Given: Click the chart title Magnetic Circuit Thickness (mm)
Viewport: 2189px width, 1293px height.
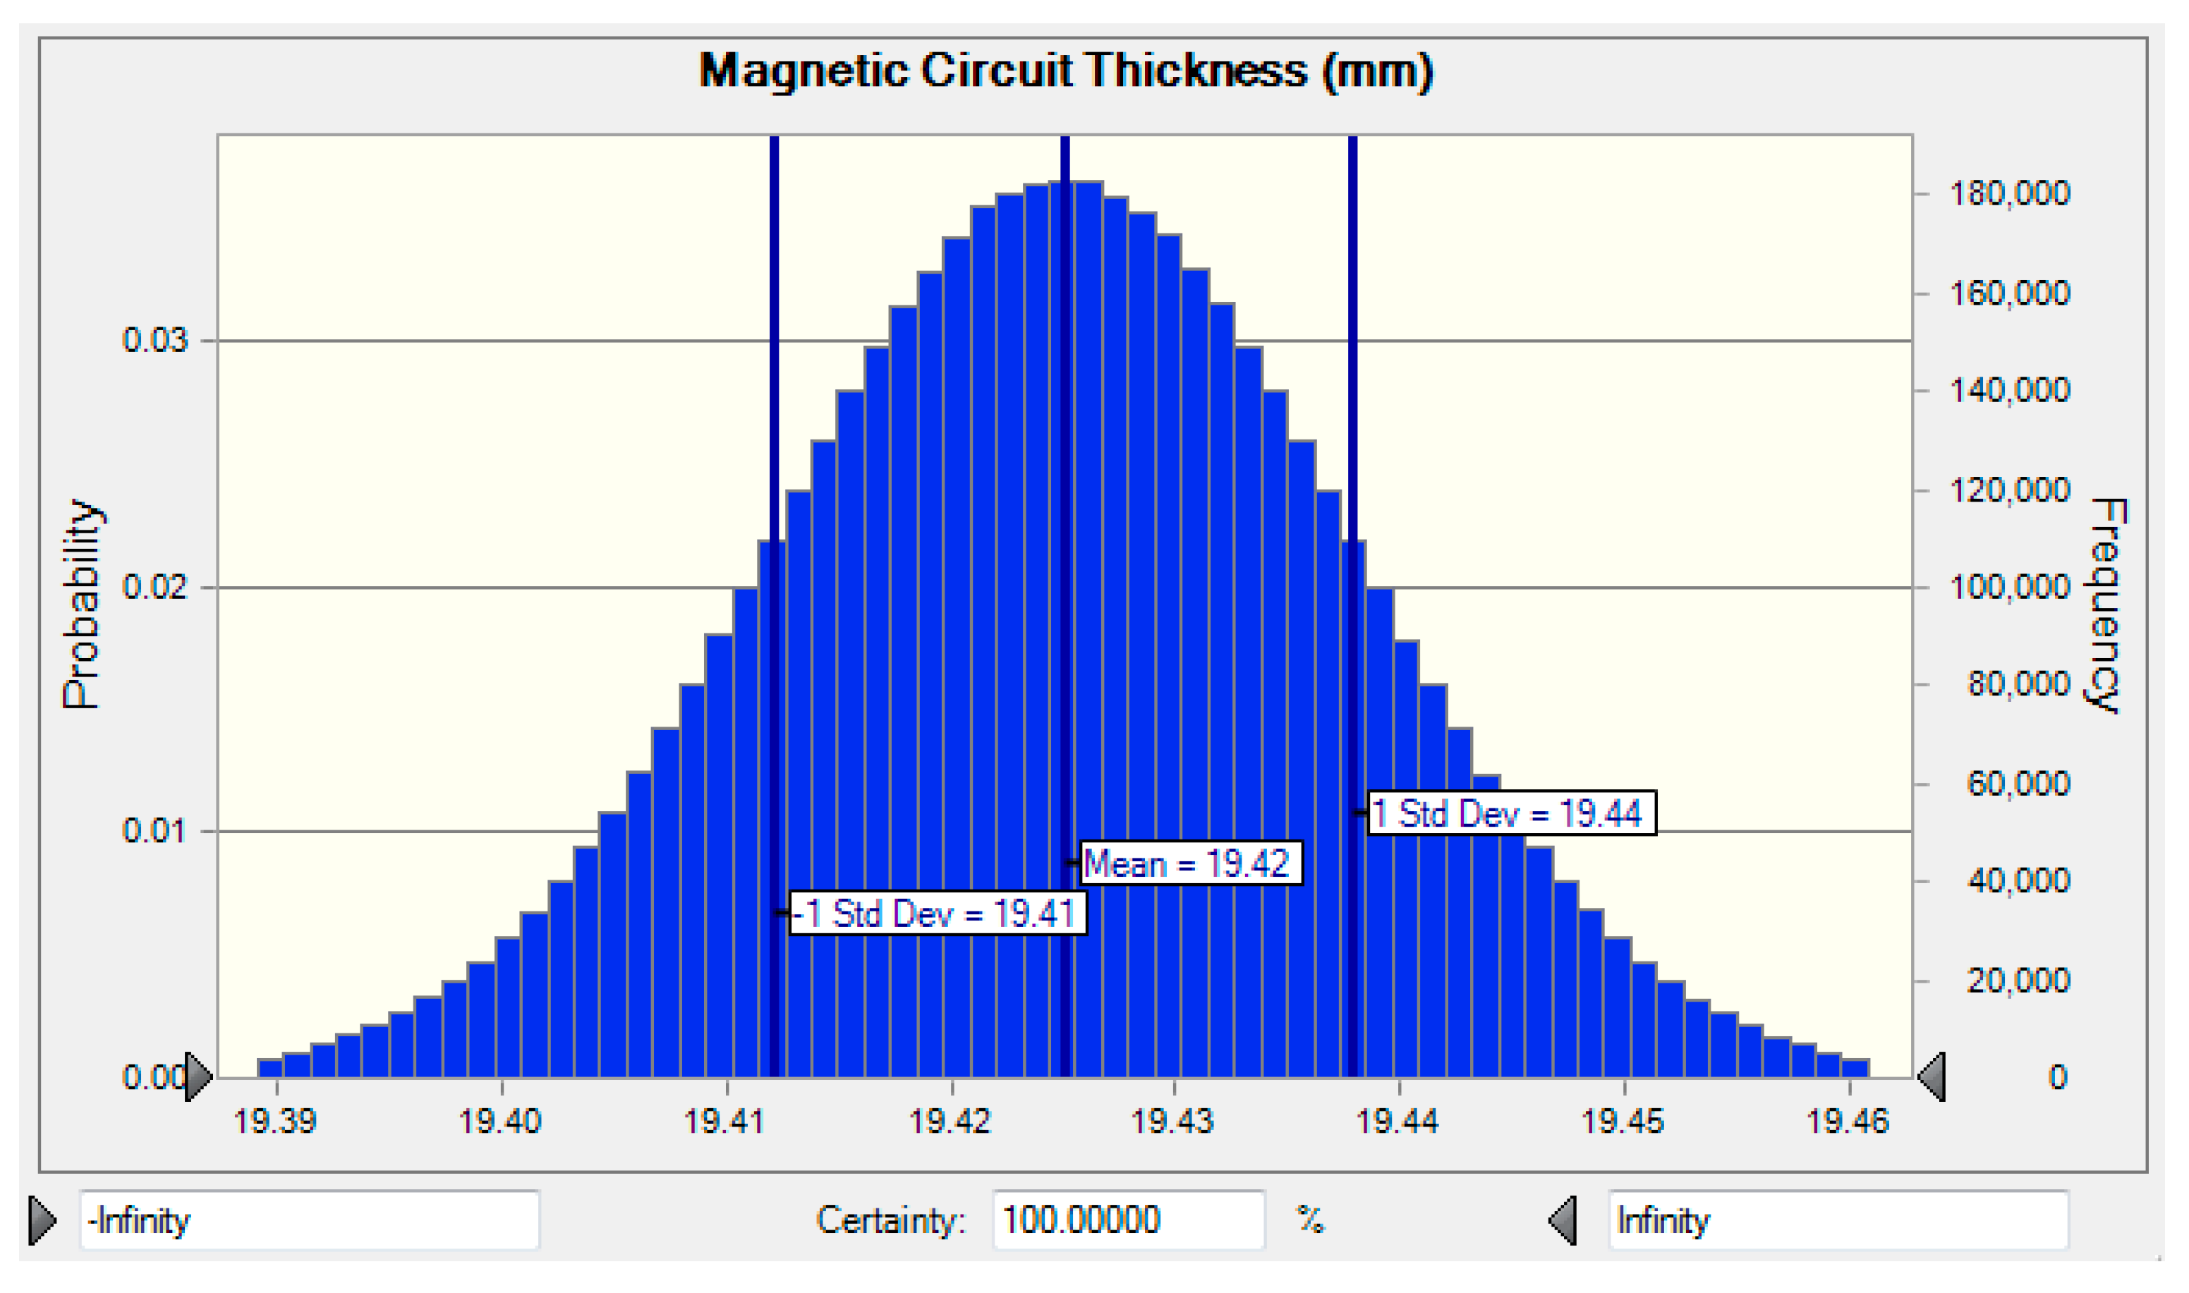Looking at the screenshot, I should (x=1065, y=71).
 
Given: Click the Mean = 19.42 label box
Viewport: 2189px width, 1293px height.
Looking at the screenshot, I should (x=1191, y=863).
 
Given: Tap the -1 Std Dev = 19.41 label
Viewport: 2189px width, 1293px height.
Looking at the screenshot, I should (x=938, y=913).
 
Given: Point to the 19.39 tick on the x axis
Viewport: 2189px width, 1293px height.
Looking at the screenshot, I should (x=275, y=1120).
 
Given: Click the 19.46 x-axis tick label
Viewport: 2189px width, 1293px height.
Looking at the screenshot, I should (x=1848, y=1120).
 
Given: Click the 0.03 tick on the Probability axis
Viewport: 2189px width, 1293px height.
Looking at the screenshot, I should (x=155, y=340).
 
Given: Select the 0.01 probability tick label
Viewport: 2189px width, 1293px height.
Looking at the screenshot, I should (x=155, y=830).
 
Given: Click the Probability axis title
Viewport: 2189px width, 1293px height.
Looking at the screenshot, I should (x=82, y=605).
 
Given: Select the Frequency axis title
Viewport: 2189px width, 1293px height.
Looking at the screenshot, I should (x=2106, y=605).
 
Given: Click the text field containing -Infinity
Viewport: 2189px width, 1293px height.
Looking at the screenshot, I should (x=309, y=1220).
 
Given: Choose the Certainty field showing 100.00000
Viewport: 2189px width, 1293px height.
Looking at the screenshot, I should (x=1128, y=1220).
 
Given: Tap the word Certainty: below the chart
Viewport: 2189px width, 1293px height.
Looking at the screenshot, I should (x=890, y=1220).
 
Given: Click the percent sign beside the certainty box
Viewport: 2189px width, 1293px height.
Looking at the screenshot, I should (x=1309, y=1220).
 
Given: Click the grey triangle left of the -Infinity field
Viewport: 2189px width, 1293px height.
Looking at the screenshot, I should (x=42, y=1220).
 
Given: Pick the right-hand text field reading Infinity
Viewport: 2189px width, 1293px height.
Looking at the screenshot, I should (x=1838, y=1220).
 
